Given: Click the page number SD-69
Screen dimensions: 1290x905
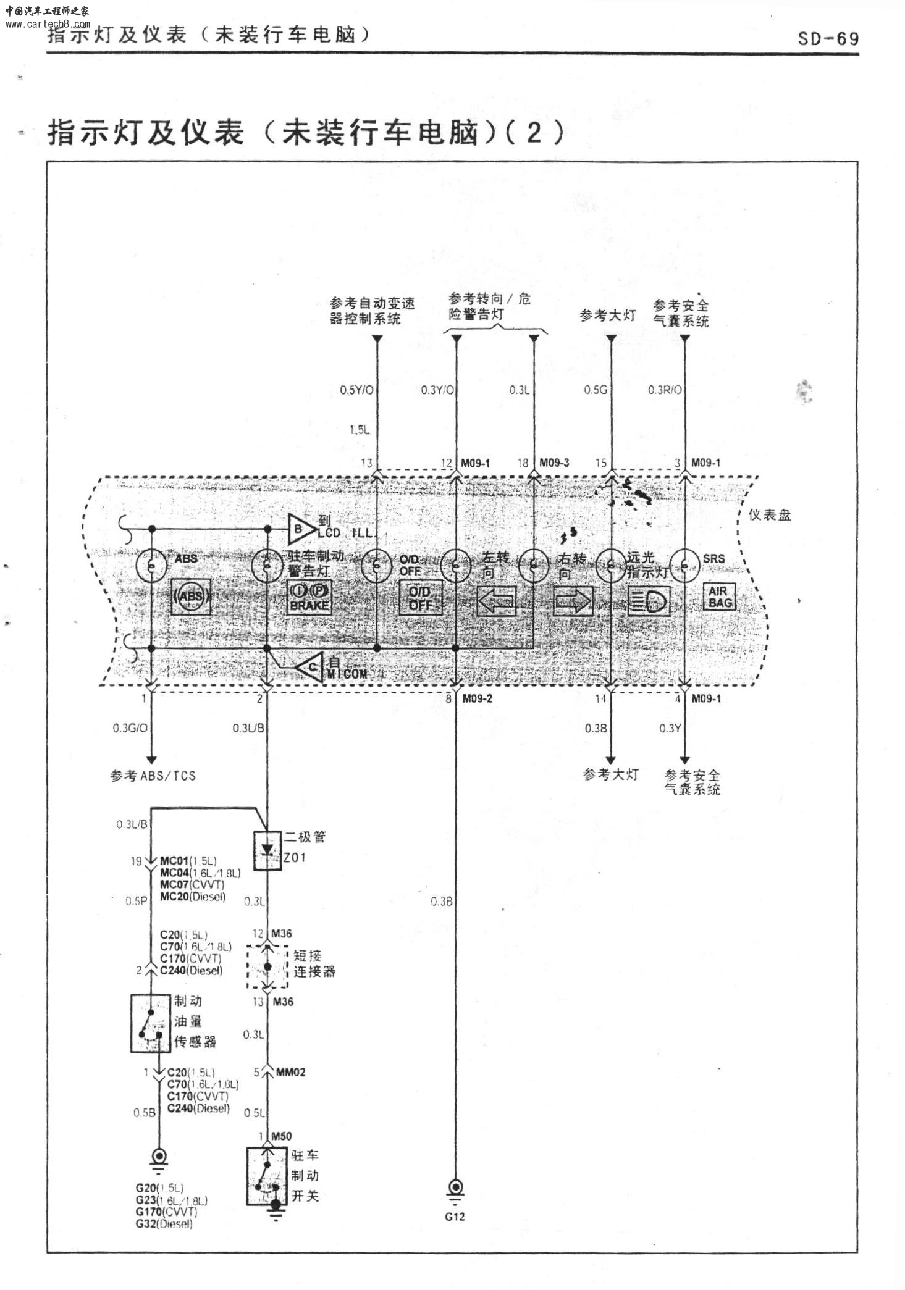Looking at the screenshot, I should point(828,39).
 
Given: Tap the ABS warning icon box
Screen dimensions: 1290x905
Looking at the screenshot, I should point(191,596).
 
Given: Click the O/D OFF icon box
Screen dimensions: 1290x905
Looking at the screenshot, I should point(421,598).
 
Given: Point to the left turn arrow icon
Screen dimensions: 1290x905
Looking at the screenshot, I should point(497,600).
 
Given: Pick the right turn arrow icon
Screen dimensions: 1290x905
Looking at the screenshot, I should point(573,600).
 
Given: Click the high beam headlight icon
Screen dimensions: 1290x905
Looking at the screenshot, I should point(648,600).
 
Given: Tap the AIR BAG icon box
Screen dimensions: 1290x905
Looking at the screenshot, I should point(720,597).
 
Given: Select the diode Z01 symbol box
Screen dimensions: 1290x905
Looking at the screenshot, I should point(267,850).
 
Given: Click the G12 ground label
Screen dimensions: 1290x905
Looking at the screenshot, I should point(455,1217).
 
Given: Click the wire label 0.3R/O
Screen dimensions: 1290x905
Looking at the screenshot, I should point(665,390).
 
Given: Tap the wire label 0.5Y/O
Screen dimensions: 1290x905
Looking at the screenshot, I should point(356,390).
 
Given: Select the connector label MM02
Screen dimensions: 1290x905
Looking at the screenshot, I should point(290,1072).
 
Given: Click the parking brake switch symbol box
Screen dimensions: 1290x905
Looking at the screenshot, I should point(267,1176).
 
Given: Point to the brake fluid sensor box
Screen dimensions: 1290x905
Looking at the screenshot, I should point(151,1023).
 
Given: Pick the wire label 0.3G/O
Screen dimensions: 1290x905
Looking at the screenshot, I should point(130,728).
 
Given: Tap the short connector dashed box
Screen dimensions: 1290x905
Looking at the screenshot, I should point(267,967).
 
